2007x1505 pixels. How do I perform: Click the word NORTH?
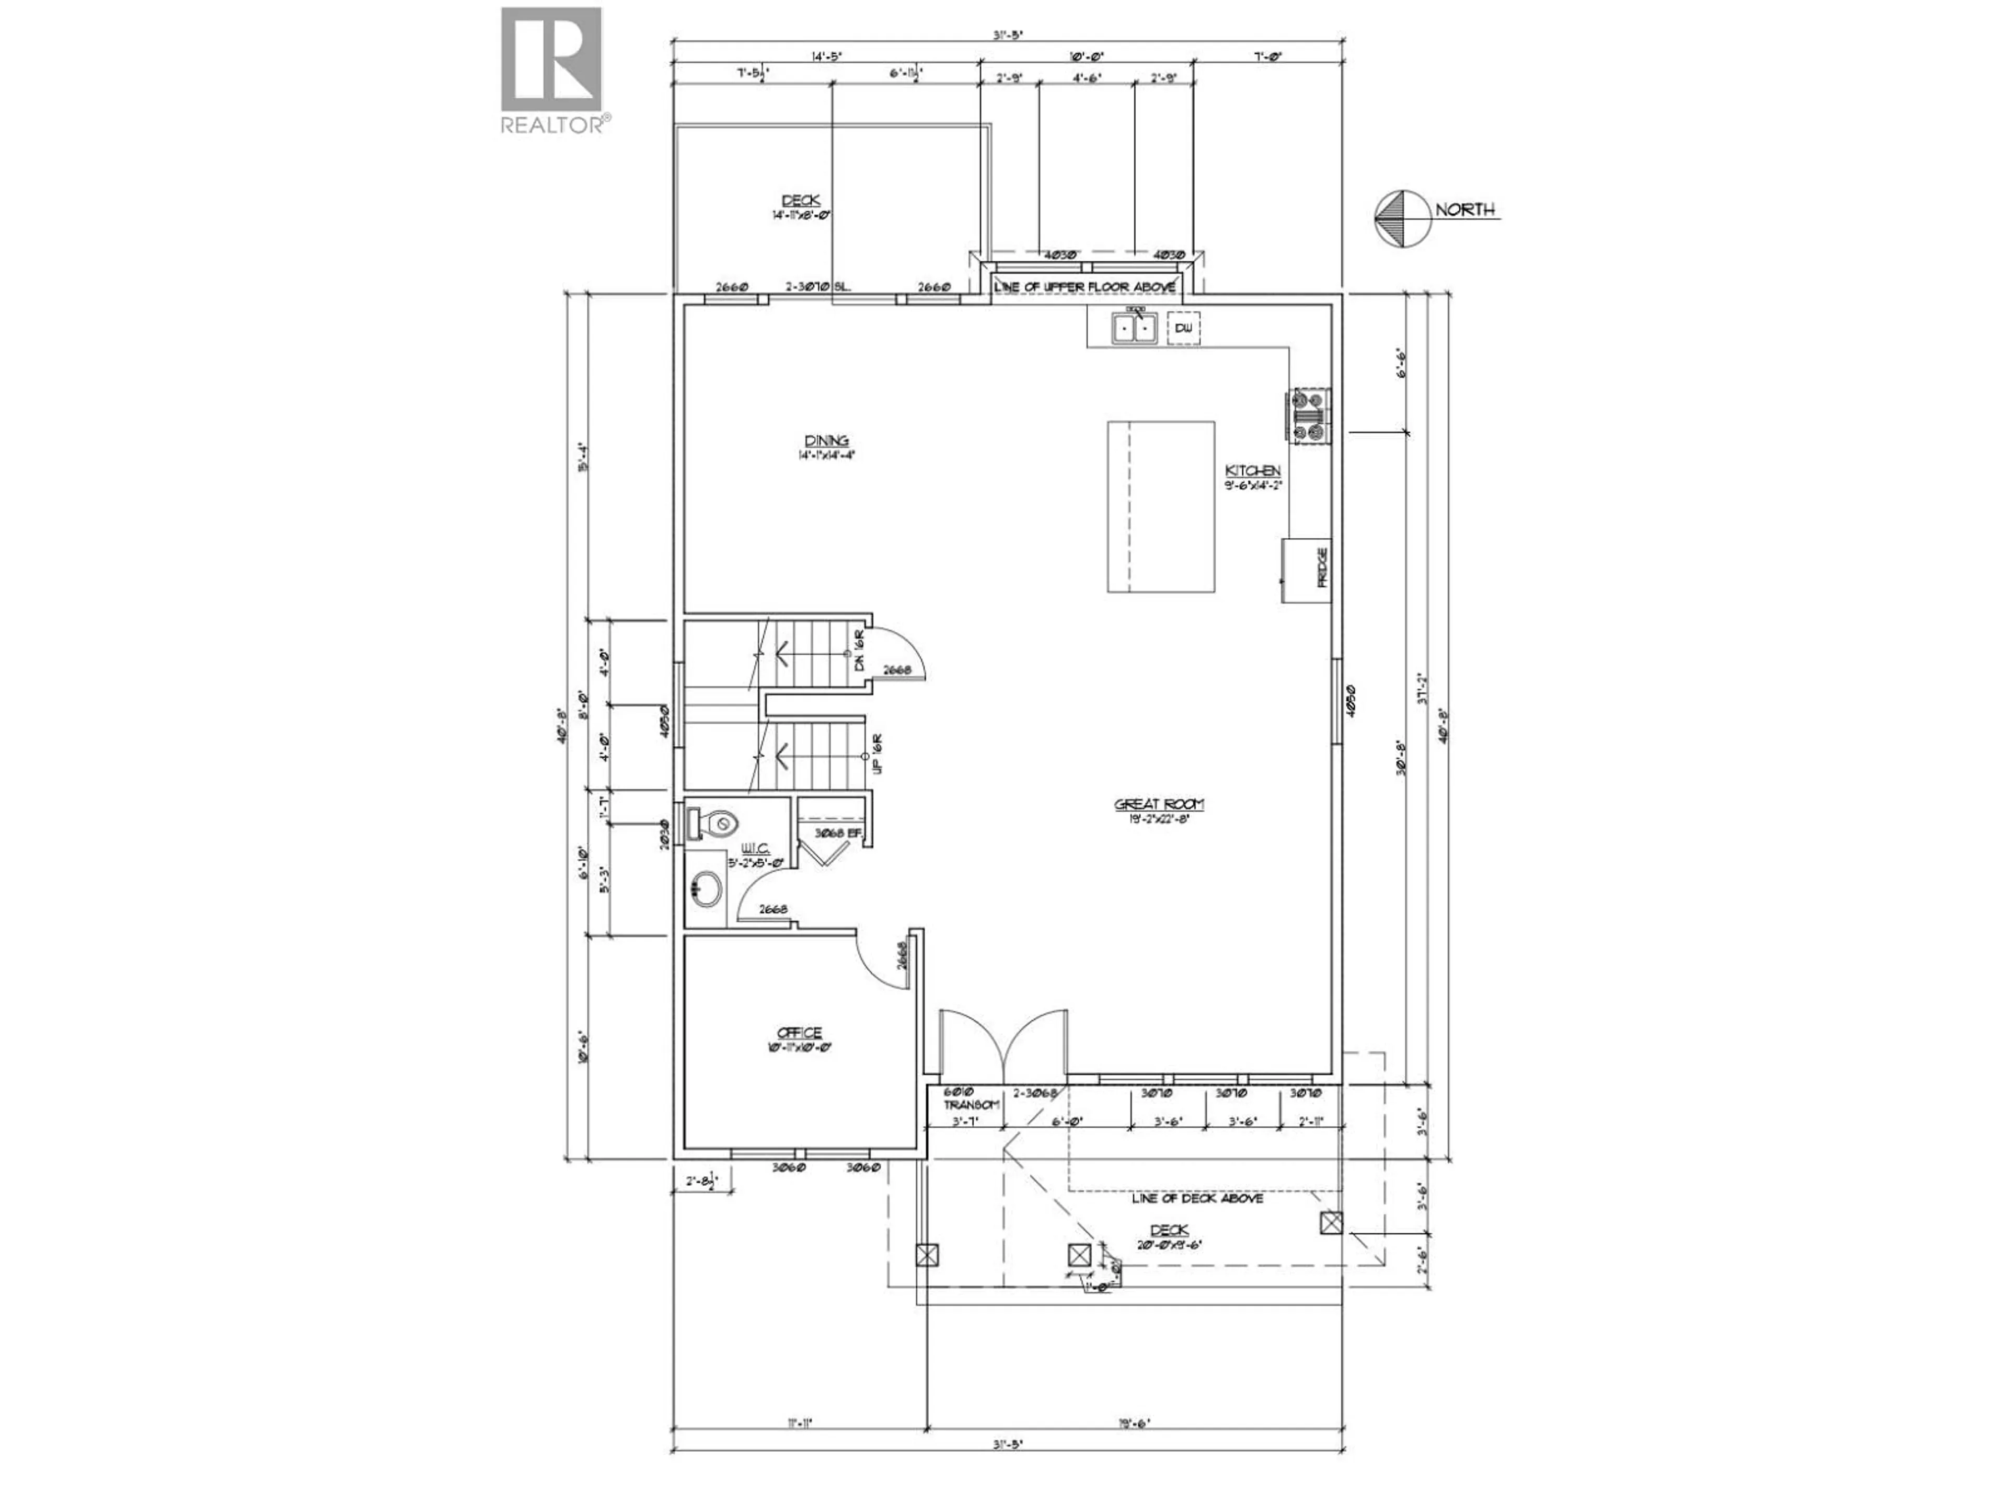[1463, 210]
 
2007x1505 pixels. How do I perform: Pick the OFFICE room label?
[799, 1033]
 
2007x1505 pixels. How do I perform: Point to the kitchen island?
[1160, 506]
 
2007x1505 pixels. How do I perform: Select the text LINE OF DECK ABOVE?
[1197, 1198]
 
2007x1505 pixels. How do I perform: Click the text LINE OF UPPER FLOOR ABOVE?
[1085, 287]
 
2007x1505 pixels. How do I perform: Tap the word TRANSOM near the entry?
[971, 1105]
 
